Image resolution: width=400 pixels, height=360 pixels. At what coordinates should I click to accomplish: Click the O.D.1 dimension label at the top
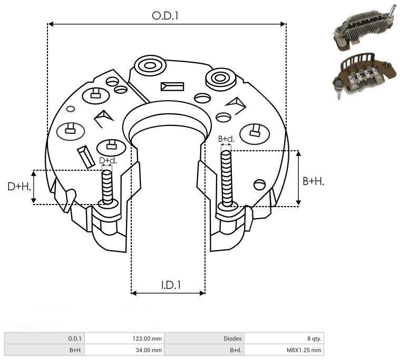click(165, 16)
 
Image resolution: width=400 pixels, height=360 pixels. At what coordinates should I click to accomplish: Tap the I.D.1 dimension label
click(171, 285)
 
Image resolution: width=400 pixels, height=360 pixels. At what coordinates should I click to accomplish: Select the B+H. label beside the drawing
click(314, 181)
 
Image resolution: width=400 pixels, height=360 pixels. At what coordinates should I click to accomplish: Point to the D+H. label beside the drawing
click(19, 187)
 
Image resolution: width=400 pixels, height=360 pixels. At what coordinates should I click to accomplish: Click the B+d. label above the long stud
click(226, 139)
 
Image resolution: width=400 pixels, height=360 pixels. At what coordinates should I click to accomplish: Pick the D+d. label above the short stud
click(108, 160)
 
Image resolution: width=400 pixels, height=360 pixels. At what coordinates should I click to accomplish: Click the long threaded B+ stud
click(227, 178)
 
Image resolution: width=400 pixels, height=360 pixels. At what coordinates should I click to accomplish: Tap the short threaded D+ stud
click(107, 187)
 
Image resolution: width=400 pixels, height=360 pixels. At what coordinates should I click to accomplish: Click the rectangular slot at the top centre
click(172, 86)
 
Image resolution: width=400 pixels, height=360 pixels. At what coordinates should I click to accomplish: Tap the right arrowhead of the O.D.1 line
click(283, 24)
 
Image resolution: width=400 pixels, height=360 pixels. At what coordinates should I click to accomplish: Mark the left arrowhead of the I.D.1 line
click(134, 293)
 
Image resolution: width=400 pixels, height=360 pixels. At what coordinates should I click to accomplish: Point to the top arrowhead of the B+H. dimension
click(298, 153)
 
